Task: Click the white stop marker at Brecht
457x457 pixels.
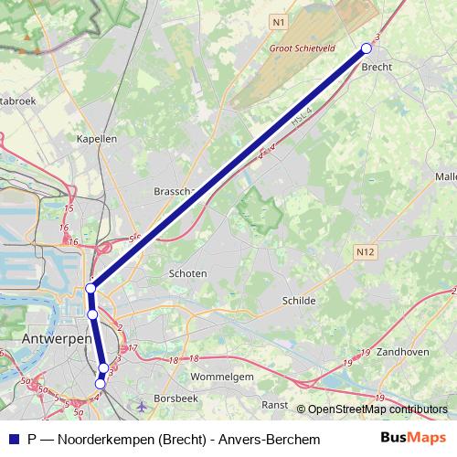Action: (x=367, y=48)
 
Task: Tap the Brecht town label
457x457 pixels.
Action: (x=377, y=68)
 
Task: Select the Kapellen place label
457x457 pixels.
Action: (x=99, y=139)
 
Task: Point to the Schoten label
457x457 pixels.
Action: (x=188, y=273)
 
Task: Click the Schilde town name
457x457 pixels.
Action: (x=298, y=300)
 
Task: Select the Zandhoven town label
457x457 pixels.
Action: (x=402, y=350)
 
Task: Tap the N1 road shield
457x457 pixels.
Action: (x=279, y=19)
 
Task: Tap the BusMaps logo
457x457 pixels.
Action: (x=413, y=439)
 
